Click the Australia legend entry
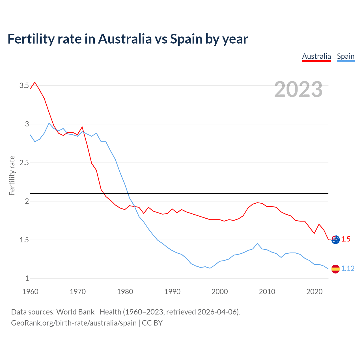pos(316,56)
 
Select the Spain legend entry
pos(346,56)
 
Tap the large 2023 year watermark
pos(298,89)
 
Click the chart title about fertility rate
pos(128,39)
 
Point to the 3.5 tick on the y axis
pos(24,85)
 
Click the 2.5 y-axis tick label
pos(24,163)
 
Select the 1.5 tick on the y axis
pos(24,240)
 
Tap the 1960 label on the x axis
pos(30,292)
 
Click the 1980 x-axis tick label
pos(125,292)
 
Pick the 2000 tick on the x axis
pos(219,292)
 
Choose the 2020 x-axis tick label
pos(314,292)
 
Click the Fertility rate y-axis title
pos(12,175)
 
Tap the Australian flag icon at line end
pos(335,240)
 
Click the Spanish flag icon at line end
pos(335,269)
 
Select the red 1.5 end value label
pos(346,239)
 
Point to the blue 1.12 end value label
pos(348,269)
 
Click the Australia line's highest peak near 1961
pos(35,82)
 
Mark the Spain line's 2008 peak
pos(257,244)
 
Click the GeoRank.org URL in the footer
pos(74,323)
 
